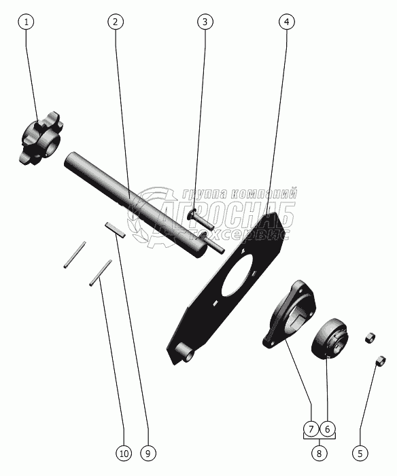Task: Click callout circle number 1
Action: tap(26, 22)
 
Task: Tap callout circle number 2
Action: tap(116, 22)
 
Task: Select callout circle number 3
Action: tap(205, 22)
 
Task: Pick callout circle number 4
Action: tap(287, 22)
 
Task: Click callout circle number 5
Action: tap(360, 454)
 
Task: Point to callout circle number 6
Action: tap(328, 429)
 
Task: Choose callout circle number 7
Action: tap(311, 429)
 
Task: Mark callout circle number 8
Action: tap(320, 454)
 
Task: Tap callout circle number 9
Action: tap(148, 454)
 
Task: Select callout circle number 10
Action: tap(124, 454)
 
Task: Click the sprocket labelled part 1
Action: tap(41, 138)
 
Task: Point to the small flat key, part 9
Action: tap(114, 230)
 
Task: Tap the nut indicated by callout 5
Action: tap(380, 361)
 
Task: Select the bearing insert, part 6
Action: tap(330, 339)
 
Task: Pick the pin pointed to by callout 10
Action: tap(101, 272)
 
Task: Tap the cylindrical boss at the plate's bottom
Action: tap(187, 352)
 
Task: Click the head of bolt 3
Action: tap(192, 215)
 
